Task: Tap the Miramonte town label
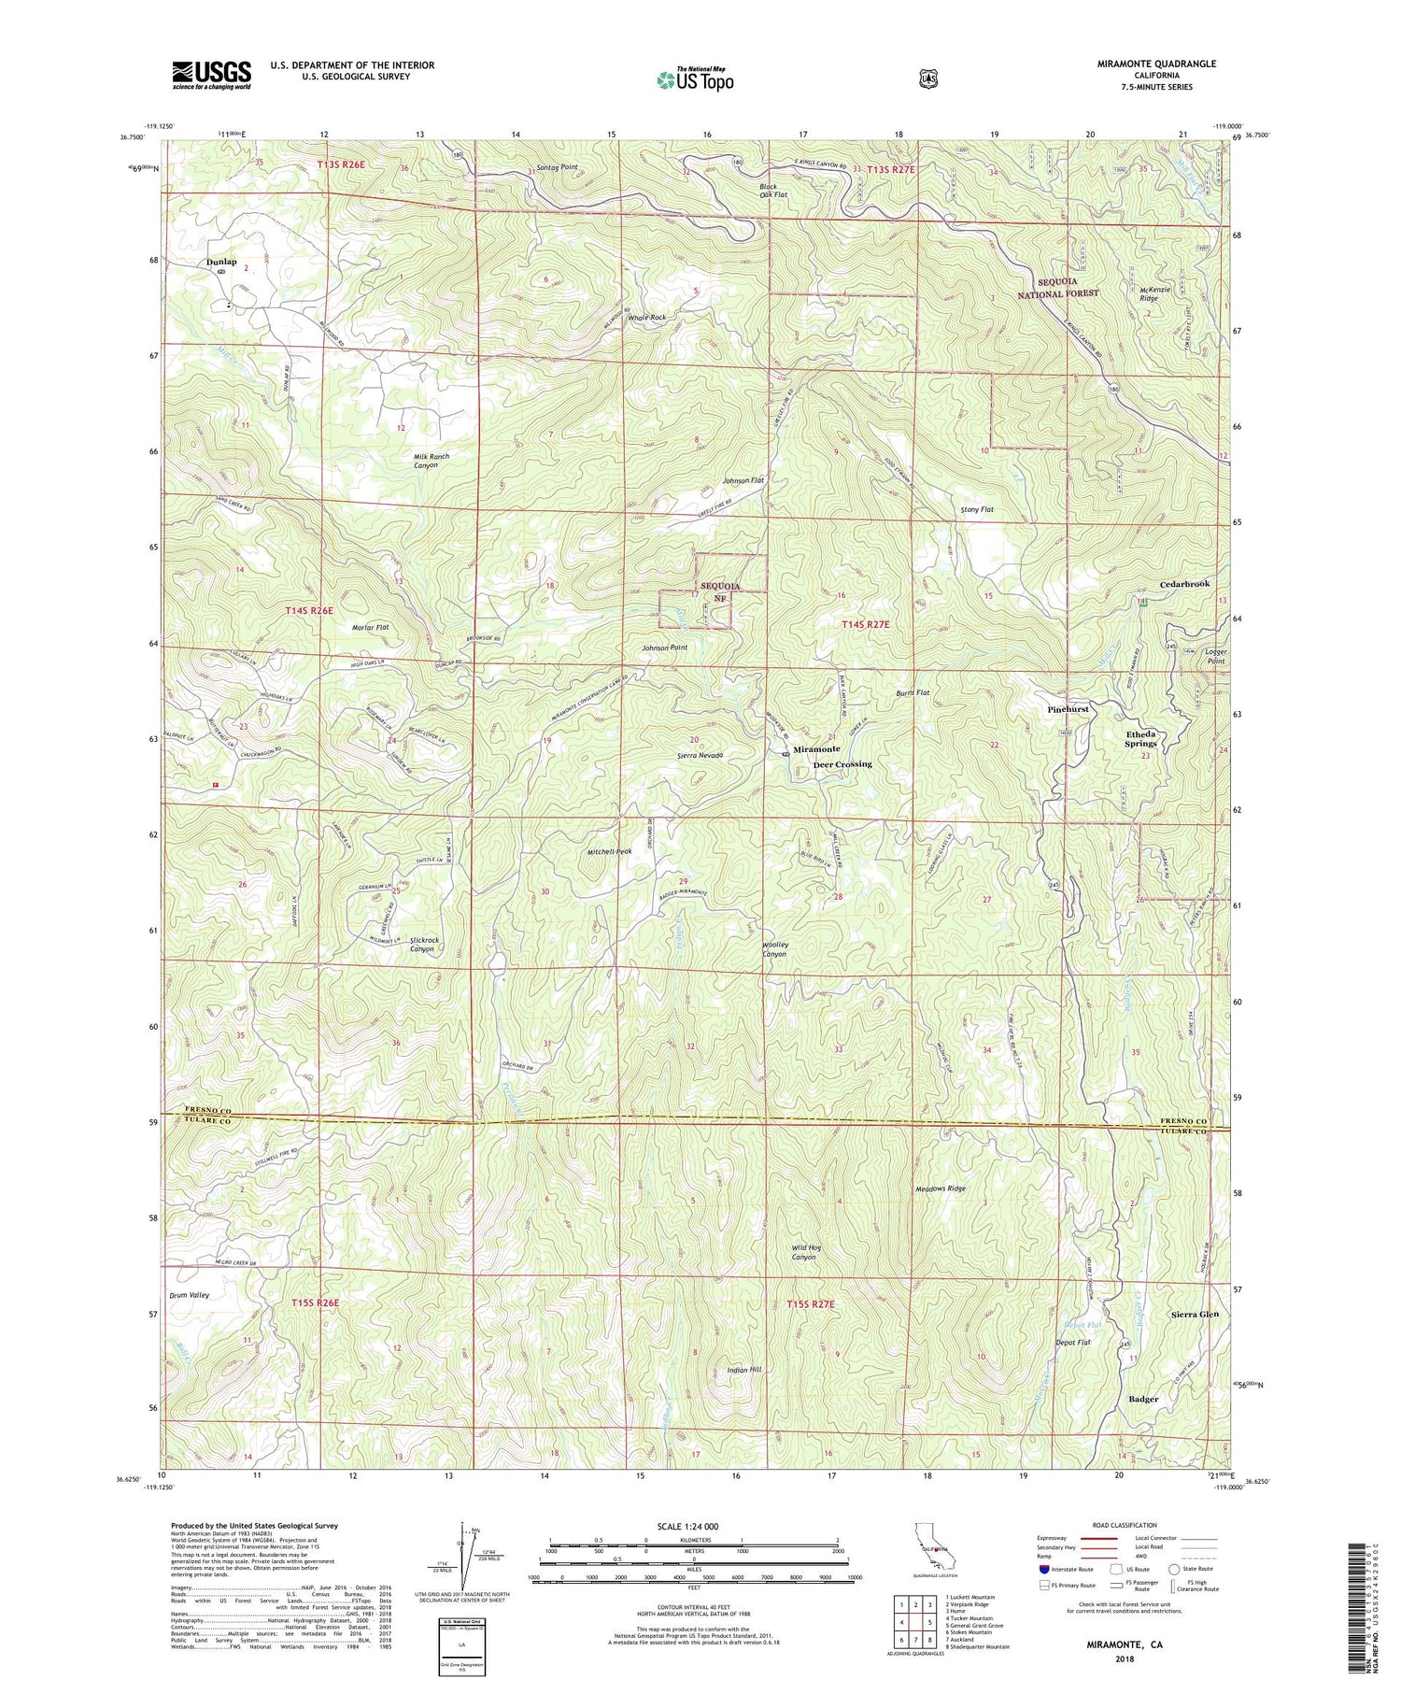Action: [x=817, y=749]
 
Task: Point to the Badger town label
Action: [x=1143, y=1399]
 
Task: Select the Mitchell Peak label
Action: [x=610, y=851]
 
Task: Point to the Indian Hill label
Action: [x=744, y=1370]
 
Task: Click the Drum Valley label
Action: [x=190, y=1295]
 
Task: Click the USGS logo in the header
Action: [x=212, y=74]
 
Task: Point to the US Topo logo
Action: [x=696, y=78]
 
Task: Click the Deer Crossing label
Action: [x=842, y=764]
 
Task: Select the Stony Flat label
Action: [x=977, y=510]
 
